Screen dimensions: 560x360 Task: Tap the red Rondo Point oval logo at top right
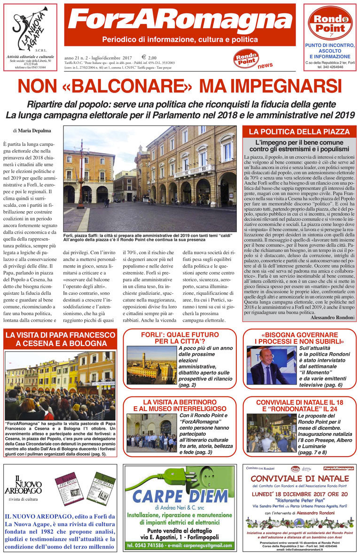point(330,23)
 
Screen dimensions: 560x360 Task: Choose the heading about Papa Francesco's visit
point(59,339)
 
